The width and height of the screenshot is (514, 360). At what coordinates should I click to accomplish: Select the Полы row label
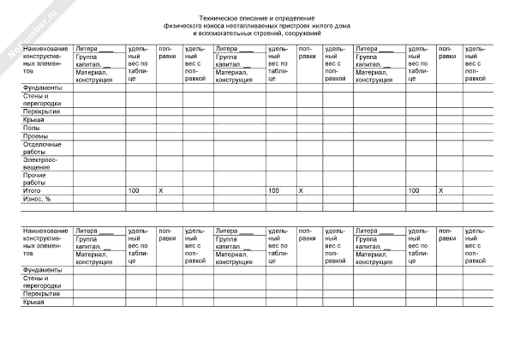pyautogui.click(x=31, y=128)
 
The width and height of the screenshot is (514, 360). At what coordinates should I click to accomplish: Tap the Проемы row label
pyautogui.click(x=35, y=135)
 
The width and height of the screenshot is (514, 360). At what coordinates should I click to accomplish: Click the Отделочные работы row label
pyautogui.click(x=39, y=147)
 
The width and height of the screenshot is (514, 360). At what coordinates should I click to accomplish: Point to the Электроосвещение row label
pyautogui.click(x=40, y=163)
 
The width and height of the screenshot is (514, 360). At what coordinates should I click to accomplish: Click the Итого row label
pyautogui.click(x=32, y=189)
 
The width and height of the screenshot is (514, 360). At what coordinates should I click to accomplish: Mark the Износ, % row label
pyautogui.click(x=37, y=197)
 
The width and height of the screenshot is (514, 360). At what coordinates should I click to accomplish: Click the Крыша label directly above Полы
pyautogui.click(x=33, y=120)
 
